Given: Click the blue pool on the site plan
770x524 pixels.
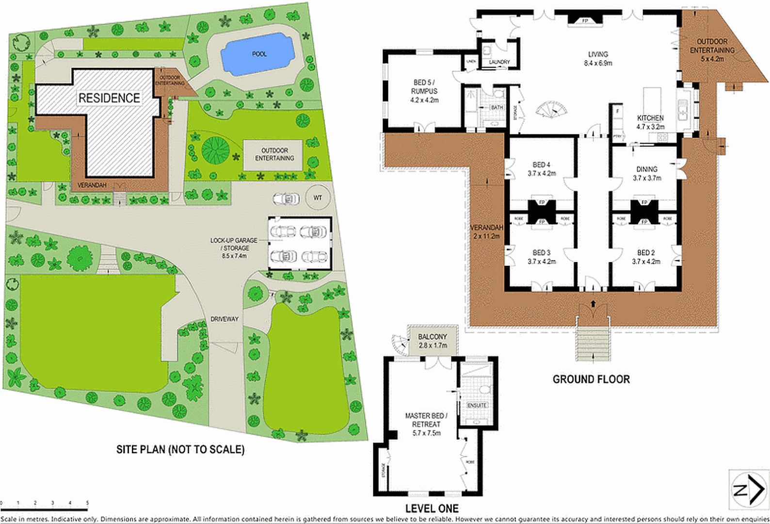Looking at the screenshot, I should tap(258, 54).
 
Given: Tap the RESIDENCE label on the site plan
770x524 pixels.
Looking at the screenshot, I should tap(109, 98).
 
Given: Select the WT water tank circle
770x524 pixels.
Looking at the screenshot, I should tap(318, 198).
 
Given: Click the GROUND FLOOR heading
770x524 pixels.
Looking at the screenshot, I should tap(591, 379).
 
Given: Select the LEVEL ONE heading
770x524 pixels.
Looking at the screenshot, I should tap(432, 508).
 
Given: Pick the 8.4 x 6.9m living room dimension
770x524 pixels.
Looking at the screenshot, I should tap(598, 63).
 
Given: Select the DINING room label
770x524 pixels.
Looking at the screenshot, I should tap(646, 169).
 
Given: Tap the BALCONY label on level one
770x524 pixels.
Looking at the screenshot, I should tap(432, 337).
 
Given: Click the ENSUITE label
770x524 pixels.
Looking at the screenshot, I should tap(477, 405).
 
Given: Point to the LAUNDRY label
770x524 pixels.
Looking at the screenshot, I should tap(499, 62).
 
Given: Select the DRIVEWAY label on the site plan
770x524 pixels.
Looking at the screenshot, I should tap(225, 319).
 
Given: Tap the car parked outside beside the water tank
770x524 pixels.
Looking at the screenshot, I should tap(286, 199).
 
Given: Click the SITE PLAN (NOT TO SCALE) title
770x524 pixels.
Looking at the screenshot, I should tap(180, 450).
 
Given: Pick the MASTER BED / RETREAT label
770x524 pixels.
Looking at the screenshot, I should tap(426, 420).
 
